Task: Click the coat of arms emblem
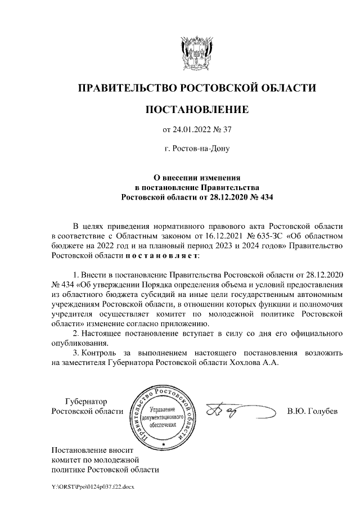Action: click(196, 52)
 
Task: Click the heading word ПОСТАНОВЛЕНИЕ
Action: click(196, 109)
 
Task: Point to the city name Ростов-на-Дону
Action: click(201, 150)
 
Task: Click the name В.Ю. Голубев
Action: click(312, 411)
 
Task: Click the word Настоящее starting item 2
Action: click(107, 334)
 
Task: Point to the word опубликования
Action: click(78, 343)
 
